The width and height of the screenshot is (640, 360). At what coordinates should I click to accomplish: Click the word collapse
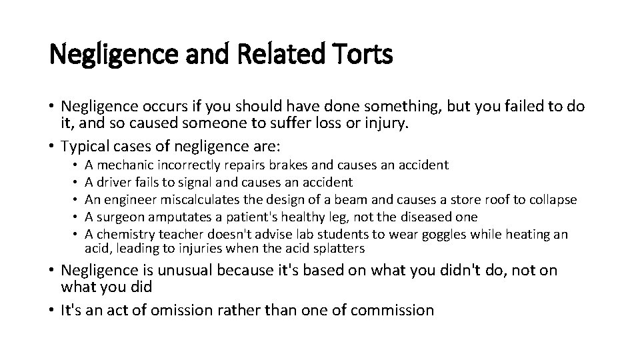(x=553, y=199)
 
